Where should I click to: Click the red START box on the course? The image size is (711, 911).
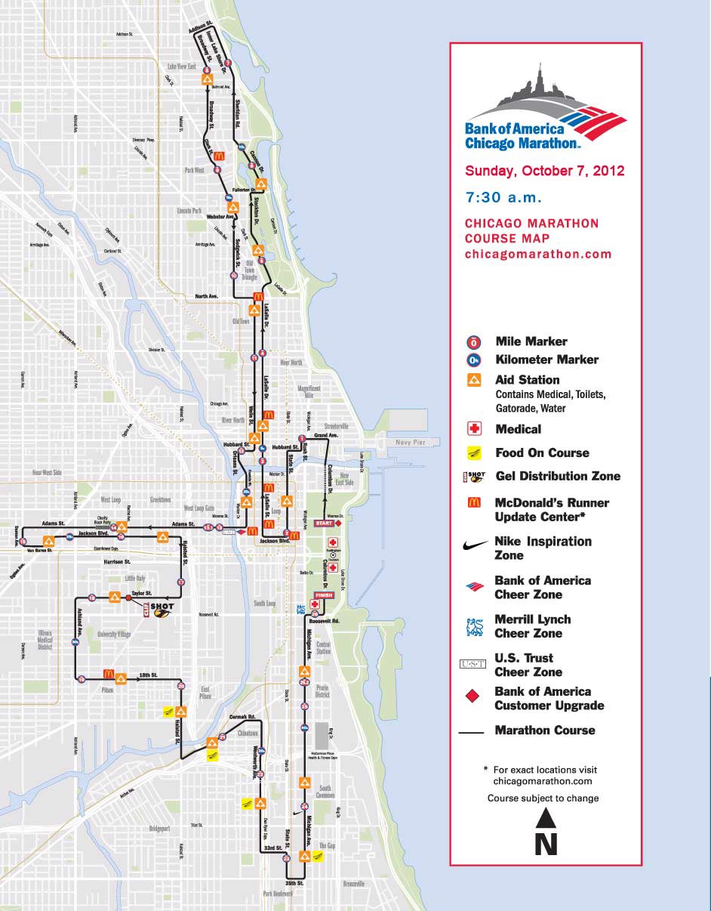pyautogui.click(x=324, y=523)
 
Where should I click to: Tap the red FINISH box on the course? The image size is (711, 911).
pyautogui.click(x=323, y=594)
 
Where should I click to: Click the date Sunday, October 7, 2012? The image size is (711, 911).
pyautogui.click(x=544, y=170)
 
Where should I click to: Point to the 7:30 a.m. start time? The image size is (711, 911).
pyautogui.click(x=503, y=198)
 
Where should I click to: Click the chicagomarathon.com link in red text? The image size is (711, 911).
pyautogui.click(x=537, y=254)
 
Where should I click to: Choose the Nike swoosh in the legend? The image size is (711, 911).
pyautogui.click(x=474, y=545)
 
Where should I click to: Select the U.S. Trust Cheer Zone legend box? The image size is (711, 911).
pyautogui.click(x=474, y=665)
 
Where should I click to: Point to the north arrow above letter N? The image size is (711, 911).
pyautogui.click(x=546, y=818)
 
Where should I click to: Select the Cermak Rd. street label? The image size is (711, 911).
pyautogui.click(x=242, y=716)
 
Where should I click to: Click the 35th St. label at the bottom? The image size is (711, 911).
pyautogui.click(x=294, y=882)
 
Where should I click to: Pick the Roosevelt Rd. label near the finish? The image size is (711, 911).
pyautogui.click(x=325, y=620)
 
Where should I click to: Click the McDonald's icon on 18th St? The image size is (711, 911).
pyautogui.click(x=108, y=674)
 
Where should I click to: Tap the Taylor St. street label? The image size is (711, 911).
pyautogui.click(x=142, y=594)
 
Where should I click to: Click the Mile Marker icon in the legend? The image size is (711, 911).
pyautogui.click(x=474, y=342)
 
